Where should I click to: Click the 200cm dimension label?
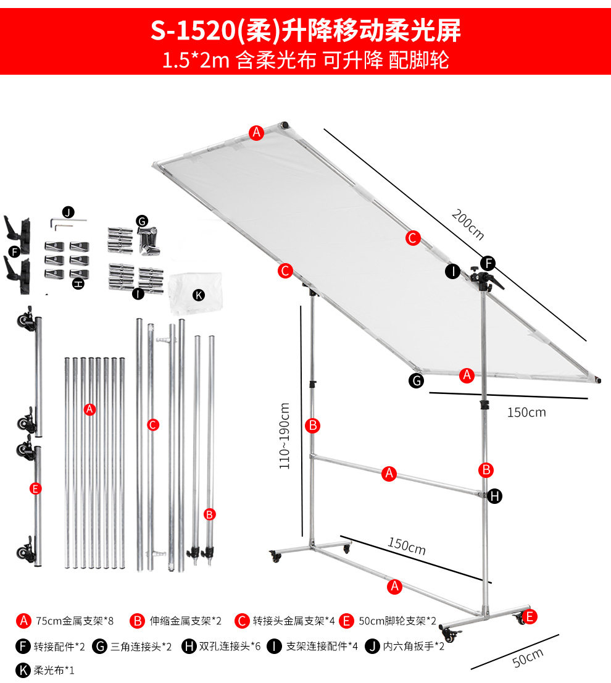pyautogui.click(x=468, y=224)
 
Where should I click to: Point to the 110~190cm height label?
pyautogui.click(x=284, y=436)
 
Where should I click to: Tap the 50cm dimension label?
pyautogui.click(x=528, y=657)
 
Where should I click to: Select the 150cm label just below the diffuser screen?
pyautogui.click(x=526, y=412)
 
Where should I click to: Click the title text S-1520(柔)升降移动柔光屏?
pyautogui.click(x=305, y=30)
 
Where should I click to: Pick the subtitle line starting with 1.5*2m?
pyautogui.click(x=305, y=60)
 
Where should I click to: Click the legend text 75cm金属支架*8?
pyautogui.click(x=75, y=621)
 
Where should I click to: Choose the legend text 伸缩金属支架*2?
pyautogui.click(x=185, y=621)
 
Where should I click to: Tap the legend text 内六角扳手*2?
pyautogui.click(x=414, y=646)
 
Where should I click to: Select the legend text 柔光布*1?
pyautogui.click(x=54, y=670)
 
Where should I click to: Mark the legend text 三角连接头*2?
pyautogui.click(x=141, y=647)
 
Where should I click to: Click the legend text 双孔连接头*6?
pyautogui.click(x=230, y=647)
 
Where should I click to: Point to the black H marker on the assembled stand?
pyautogui.click(x=494, y=496)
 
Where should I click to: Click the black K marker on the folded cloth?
pyautogui.click(x=199, y=295)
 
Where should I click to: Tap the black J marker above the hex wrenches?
pyautogui.click(x=69, y=212)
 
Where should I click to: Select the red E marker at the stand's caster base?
pyautogui.click(x=529, y=616)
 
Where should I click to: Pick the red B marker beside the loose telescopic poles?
pyautogui.click(x=209, y=514)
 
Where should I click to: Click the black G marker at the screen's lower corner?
pyautogui.click(x=417, y=380)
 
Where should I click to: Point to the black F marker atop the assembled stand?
pyautogui.click(x=488, y=263)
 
